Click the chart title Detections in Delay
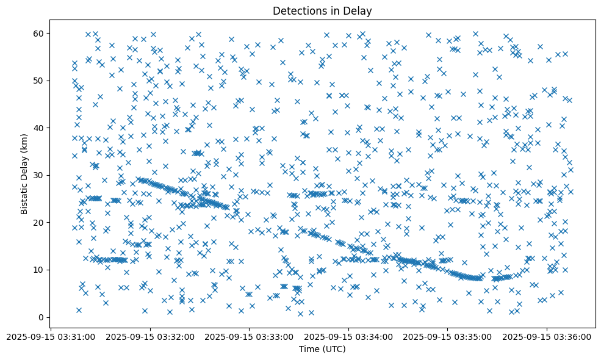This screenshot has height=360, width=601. pyautogui.click(x=322, y=11)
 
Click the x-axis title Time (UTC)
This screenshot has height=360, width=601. pyautogui.click(x=322, y=349)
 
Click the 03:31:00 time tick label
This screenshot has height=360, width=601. pyautogui.click(x=52, y=336)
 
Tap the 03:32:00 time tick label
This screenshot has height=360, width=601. pyautogui.click(x=151, y=336)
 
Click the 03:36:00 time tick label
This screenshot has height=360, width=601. pyautogui.click(x=546, y=336)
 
